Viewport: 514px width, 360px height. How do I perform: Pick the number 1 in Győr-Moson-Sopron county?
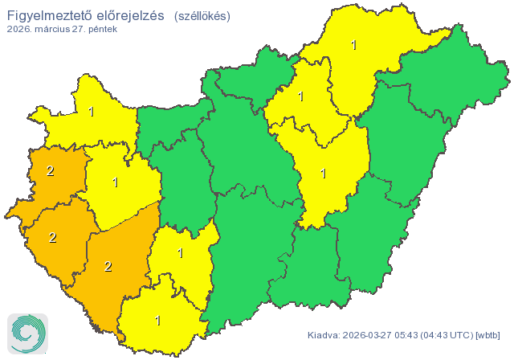(92, 112)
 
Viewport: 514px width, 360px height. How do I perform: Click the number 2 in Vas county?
(50, 170)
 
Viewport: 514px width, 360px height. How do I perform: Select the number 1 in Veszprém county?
(116, 182)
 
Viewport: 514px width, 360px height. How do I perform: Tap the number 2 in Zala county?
(52, 237)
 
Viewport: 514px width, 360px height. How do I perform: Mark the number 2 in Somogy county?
(108, 267)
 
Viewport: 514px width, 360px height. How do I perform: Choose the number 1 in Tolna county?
(180, 254)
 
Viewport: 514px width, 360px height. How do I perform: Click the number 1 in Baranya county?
(157, 321)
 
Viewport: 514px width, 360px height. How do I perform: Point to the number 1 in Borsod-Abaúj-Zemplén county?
(353, 45)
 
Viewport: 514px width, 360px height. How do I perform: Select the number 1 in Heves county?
(300, 97)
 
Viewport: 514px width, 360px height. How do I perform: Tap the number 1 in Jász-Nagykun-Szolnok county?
(323, 173)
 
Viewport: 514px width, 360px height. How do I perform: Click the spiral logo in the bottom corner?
(27, 333)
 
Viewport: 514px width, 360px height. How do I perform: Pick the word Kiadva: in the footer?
(324, 334)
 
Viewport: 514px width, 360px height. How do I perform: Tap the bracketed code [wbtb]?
(488, 334)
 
